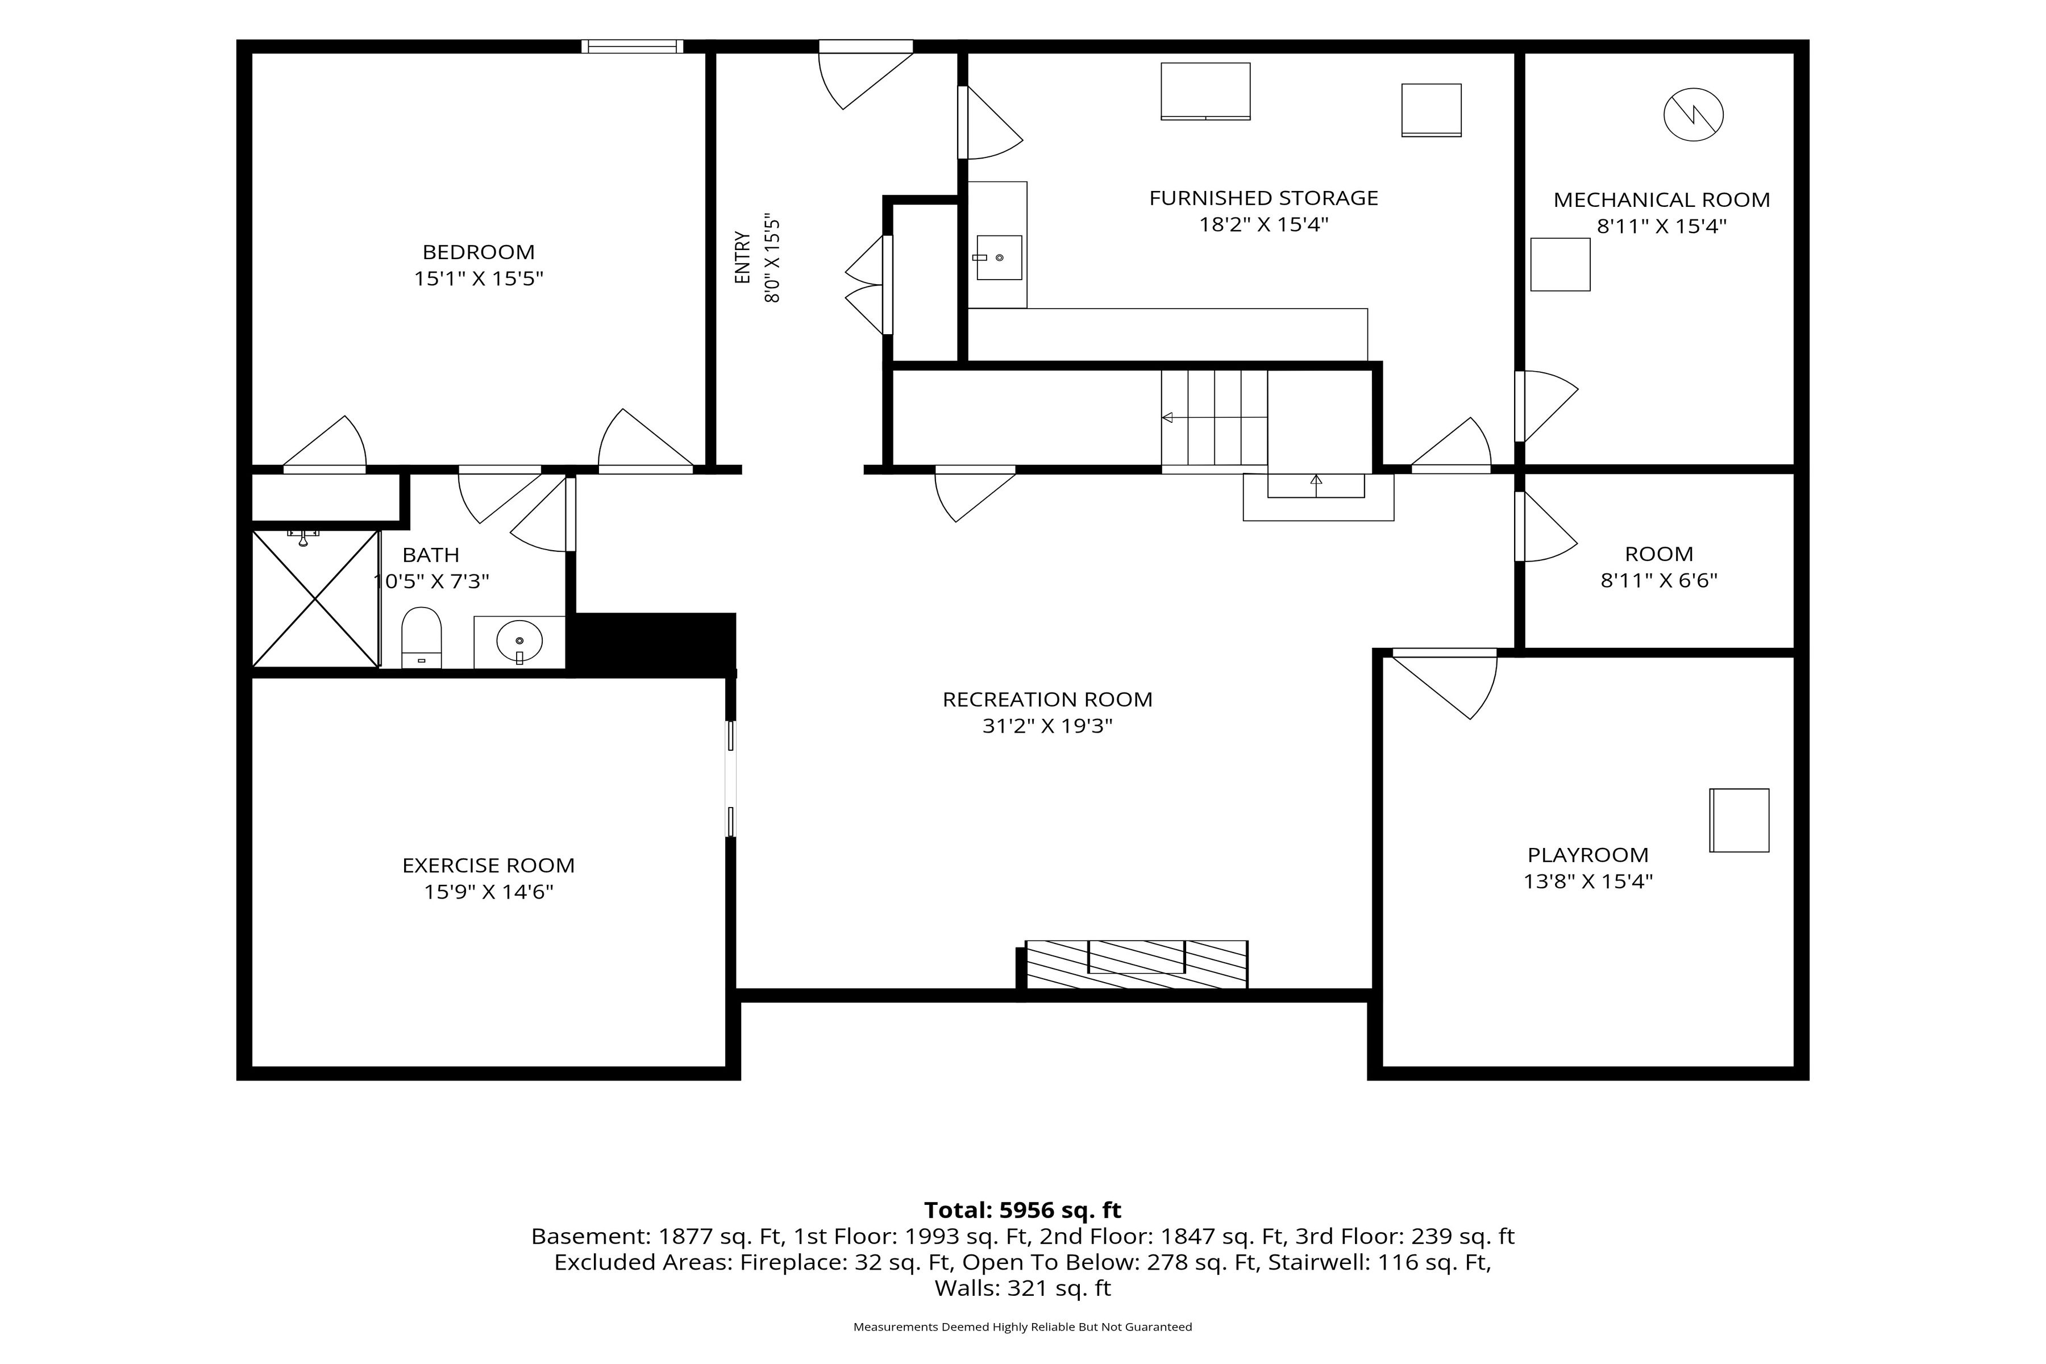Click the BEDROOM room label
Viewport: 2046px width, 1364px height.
[479, 252]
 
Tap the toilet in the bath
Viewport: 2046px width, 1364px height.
[421, 638]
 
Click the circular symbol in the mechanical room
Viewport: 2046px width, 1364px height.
[1693, 114]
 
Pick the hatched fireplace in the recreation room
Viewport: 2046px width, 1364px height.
[1136, 964]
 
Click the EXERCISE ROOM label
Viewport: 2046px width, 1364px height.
[488, 866]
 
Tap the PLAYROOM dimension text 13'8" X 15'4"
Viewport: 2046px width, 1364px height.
[1587, 881]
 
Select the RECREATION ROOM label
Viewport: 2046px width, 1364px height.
[1047, 700]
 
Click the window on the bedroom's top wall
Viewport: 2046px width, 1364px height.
[633, 46]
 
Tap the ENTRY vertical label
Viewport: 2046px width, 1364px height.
[742, 257]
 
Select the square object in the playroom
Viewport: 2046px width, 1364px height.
[1739, 820]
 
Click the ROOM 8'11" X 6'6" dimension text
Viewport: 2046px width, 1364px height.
[1659, 580]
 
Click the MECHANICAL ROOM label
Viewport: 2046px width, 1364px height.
[1661, 200]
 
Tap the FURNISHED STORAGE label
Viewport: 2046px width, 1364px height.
[1263, 198]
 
